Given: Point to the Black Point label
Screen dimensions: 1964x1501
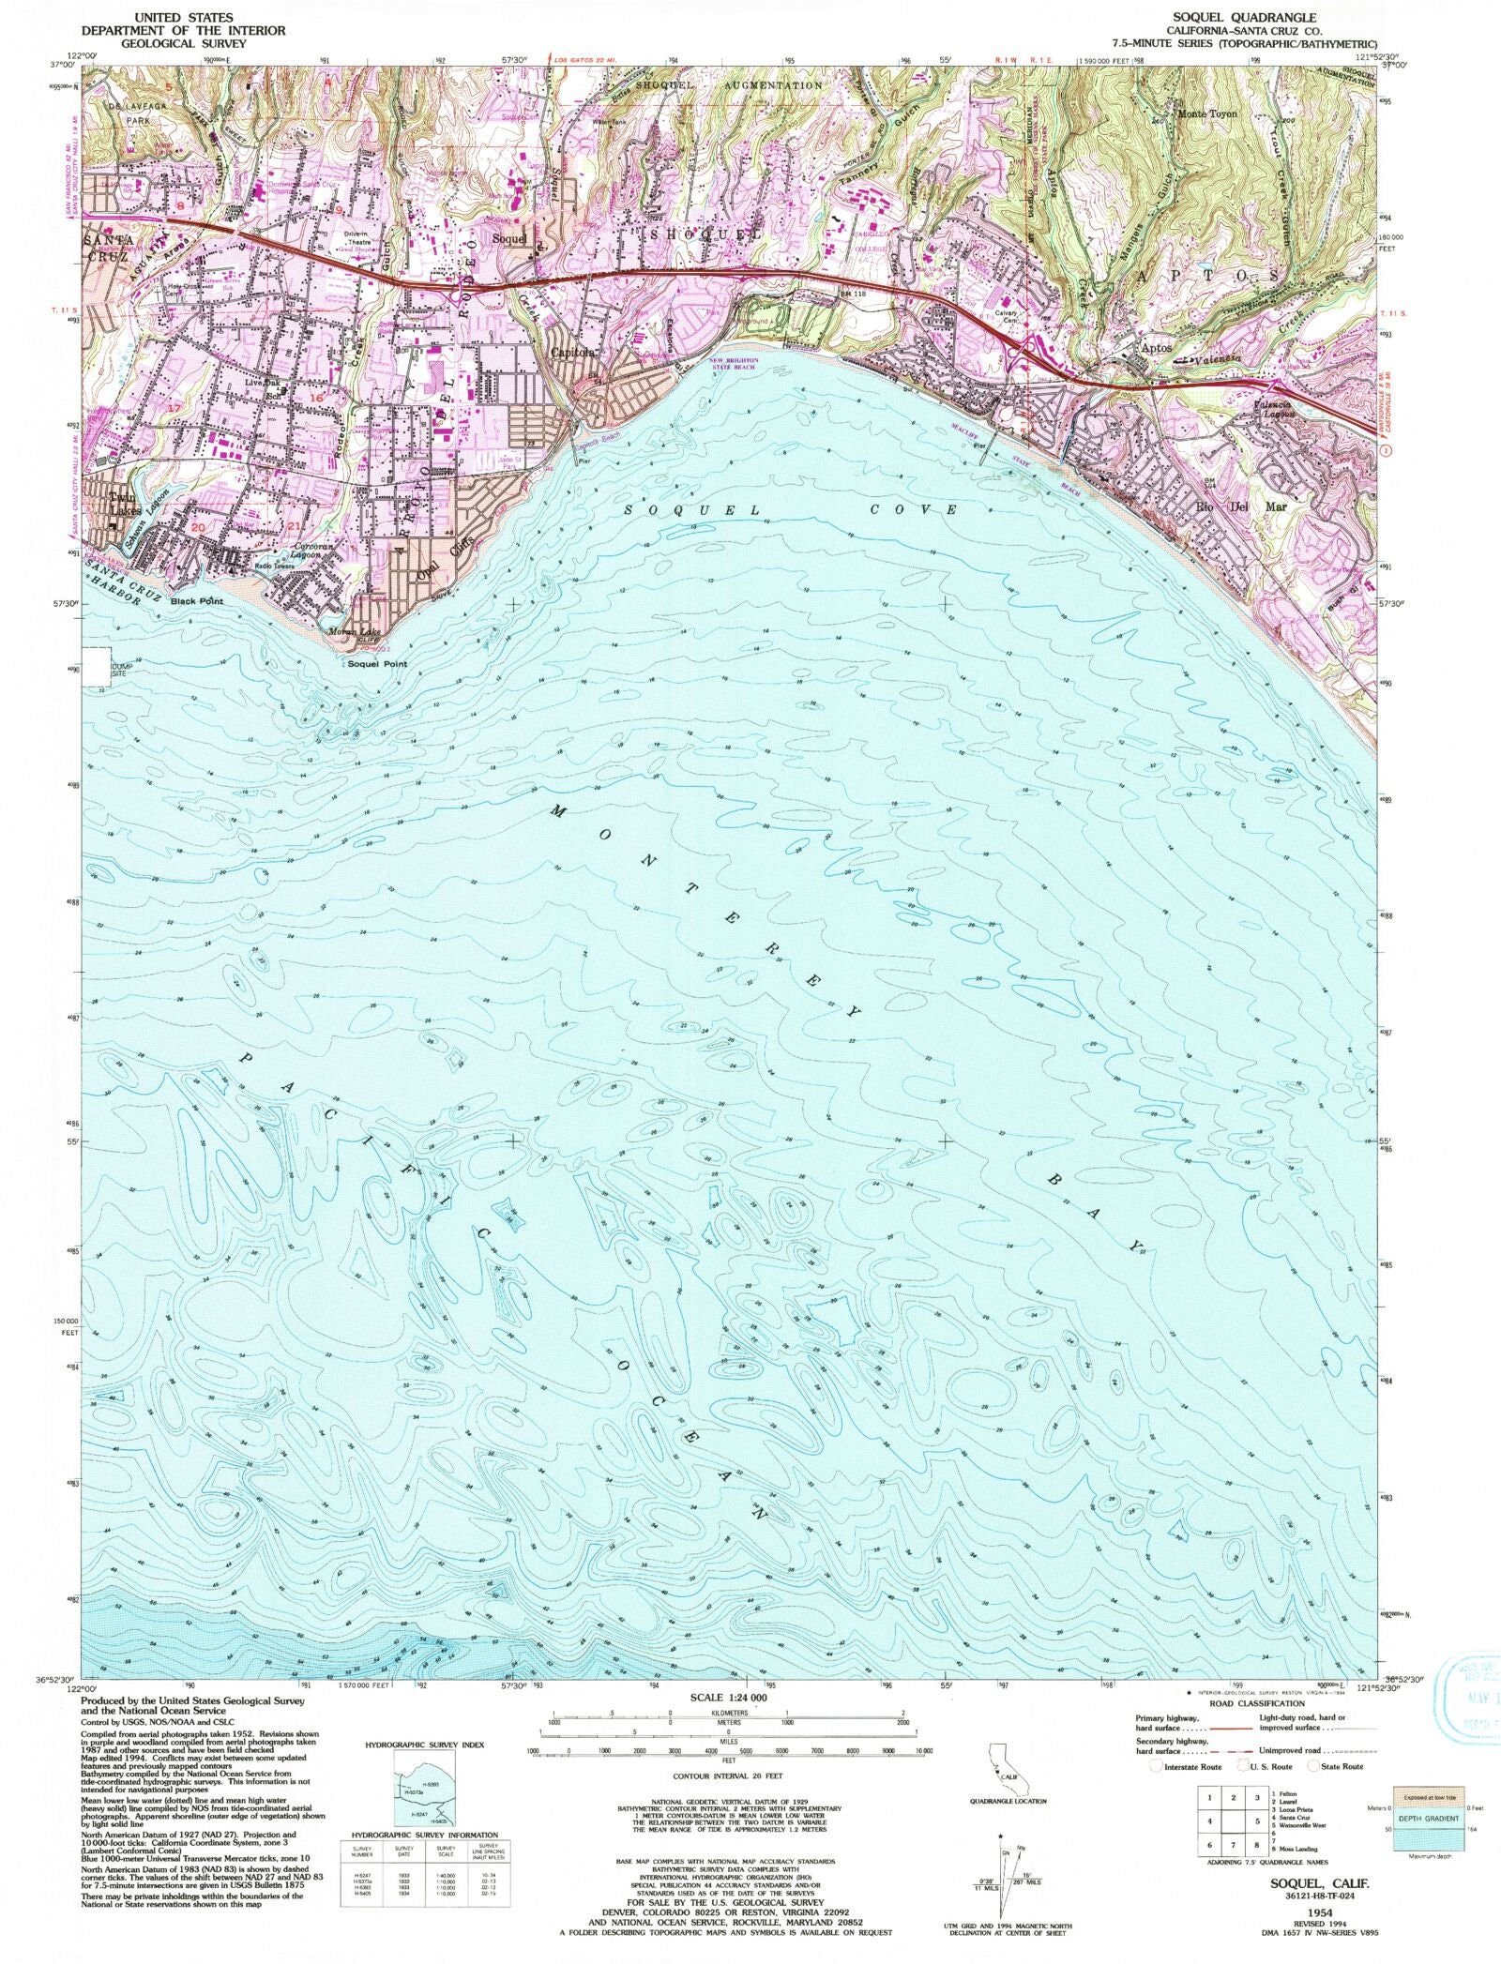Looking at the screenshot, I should tap(197, 601).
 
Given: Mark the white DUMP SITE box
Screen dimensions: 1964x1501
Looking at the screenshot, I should tap(96, 667).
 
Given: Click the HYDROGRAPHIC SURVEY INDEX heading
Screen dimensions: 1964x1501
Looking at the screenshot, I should tap(424, 1745).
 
